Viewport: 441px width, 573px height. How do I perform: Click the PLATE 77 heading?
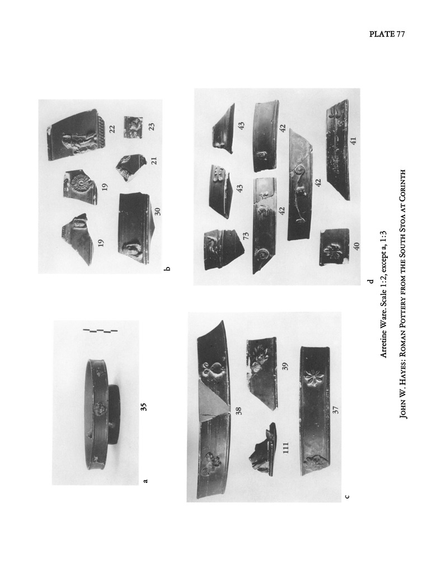387,34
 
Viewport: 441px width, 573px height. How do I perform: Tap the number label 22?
112,129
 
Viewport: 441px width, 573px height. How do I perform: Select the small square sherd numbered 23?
133,128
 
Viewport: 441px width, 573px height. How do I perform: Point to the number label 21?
154,161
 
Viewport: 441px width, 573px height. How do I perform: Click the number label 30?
157,211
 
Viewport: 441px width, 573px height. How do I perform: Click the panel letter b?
167,269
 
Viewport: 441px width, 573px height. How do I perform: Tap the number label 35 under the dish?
144,407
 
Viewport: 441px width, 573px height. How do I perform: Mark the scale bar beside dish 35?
100,331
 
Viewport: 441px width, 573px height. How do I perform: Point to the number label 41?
353,140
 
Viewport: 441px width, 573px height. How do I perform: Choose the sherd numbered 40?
334,247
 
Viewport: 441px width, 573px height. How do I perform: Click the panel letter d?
371,281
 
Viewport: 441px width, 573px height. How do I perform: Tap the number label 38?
239,411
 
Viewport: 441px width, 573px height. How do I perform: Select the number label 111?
286,448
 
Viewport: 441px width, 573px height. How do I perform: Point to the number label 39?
285,366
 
